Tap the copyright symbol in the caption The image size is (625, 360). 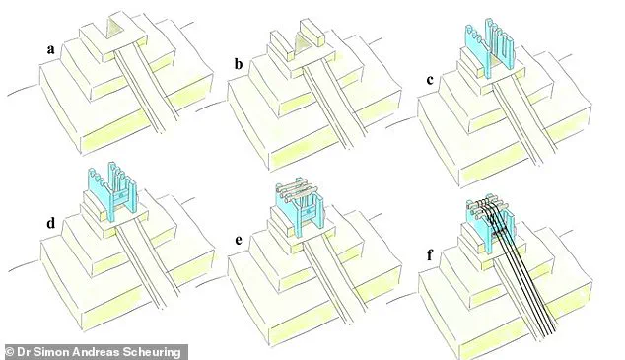pyautogui.click(x=9, y=349)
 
